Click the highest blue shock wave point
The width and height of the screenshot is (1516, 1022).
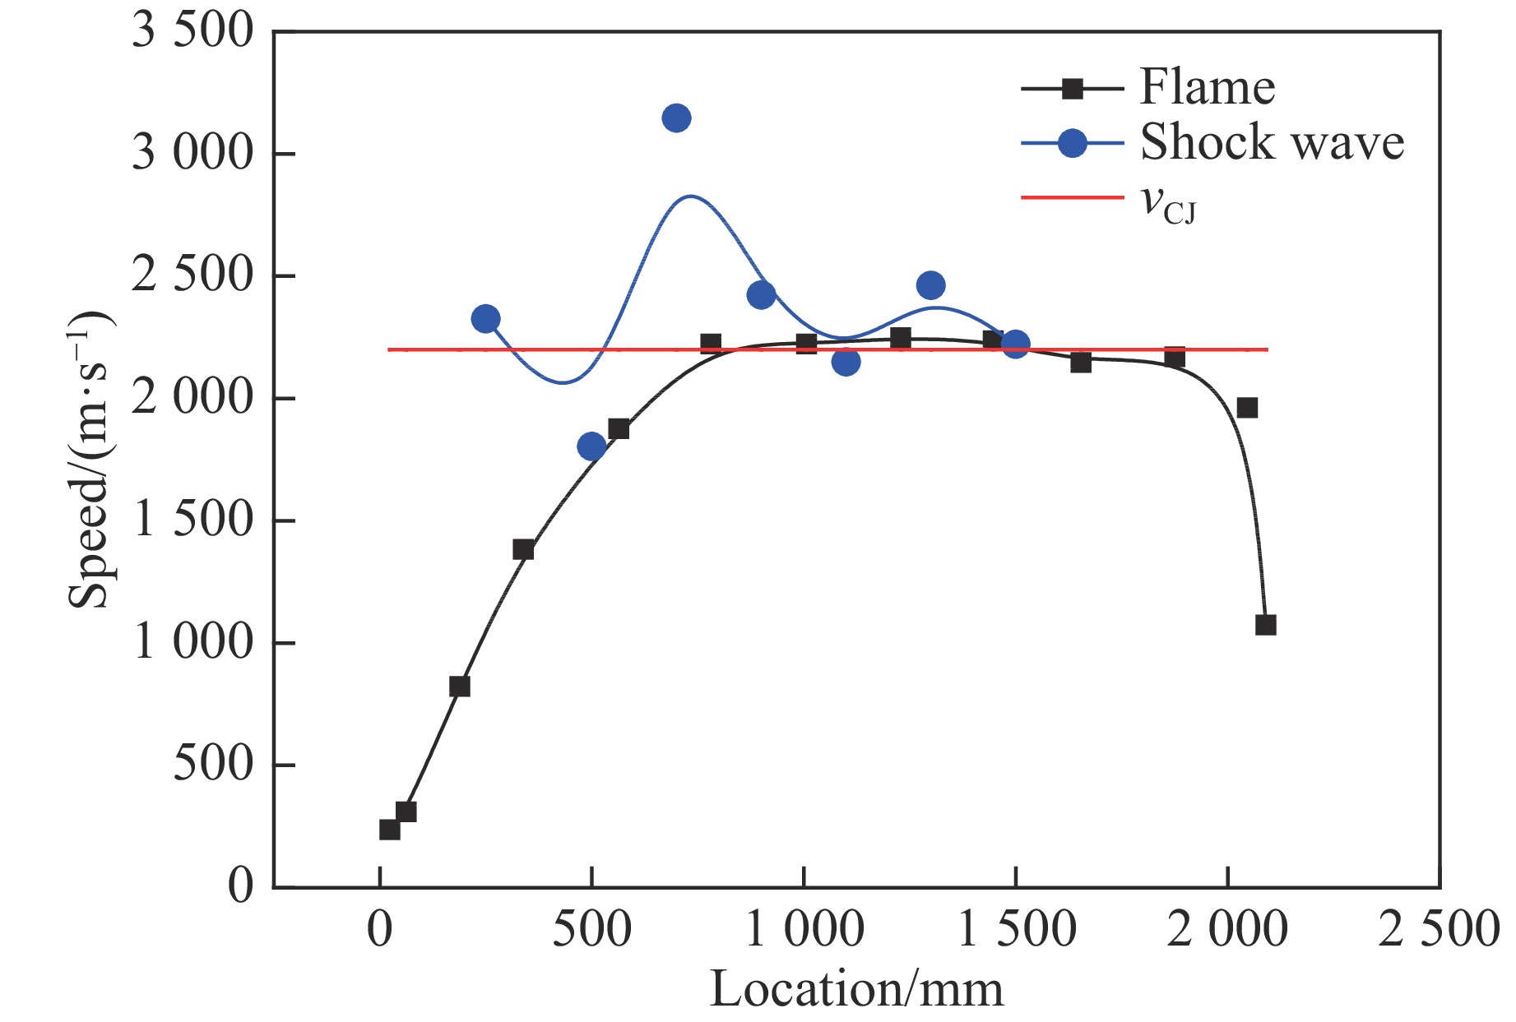(676, 118)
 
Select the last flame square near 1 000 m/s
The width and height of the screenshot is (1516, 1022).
(1265, 625)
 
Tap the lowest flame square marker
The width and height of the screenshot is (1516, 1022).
(390, 830)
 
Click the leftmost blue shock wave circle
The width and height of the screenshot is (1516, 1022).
(486, 319)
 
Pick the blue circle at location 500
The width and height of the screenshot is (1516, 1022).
(591, 446)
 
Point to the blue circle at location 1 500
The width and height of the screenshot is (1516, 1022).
(1016, 345)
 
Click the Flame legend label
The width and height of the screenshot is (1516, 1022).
(1207, 87)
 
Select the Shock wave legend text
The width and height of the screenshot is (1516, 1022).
(1271, 142)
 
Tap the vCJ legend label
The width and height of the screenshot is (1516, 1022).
(1169, 202)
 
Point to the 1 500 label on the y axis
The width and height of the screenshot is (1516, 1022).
(193, 520)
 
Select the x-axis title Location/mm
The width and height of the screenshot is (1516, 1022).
(856, 989)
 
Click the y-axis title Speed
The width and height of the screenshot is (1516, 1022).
(89, 460)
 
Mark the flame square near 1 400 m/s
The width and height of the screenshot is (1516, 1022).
(523, 550)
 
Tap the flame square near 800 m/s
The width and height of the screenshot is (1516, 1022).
(460, 687)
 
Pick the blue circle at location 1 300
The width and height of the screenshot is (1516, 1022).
(930, 285)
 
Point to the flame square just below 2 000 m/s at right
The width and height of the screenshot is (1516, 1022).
(1247, 408)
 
